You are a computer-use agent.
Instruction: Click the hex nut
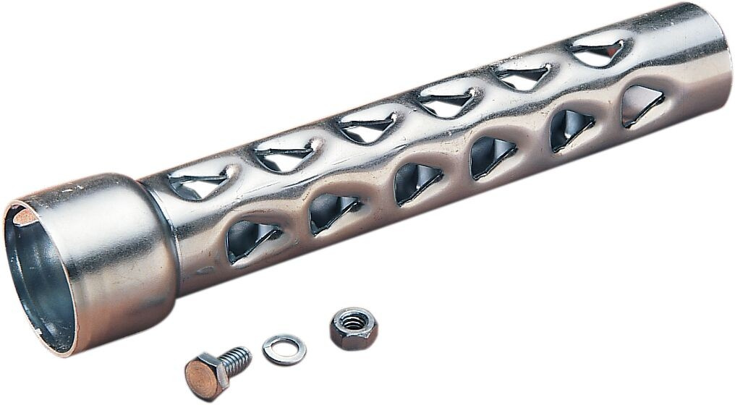[x=353, y=328]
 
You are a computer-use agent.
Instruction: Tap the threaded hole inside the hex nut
[x=353, y=323]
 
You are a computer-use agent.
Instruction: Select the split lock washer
[x=284, y=349]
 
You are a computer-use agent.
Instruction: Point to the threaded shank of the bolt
[x=235, y=359]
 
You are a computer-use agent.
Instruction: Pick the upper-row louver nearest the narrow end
[x=598, y=51]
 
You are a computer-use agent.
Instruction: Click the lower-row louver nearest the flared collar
[x=250, y=239]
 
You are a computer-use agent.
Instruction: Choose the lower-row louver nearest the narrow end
[x=641, y=105]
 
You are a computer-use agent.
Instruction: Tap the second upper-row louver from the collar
[x=284, y=153]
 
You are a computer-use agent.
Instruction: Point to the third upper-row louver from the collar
[x=367, y=127]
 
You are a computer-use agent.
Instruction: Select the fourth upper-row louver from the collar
[x=446, y=102]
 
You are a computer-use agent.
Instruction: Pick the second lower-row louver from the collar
[x=333, y=212]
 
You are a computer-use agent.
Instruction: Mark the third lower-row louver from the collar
[x=416, y=183]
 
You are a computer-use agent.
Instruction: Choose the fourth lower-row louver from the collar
[x=492, y=155]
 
